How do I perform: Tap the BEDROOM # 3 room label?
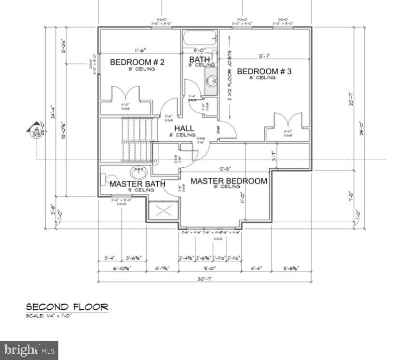[x=263, y=71]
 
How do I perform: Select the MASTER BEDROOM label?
[x=228, y=181]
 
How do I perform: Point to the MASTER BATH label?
[x=137, y=184]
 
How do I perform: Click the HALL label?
[x=184, y=129]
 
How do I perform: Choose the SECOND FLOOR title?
[x=67, y=307]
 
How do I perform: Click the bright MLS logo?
[x=29, y=350]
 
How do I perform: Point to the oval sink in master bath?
[x=139, y=170]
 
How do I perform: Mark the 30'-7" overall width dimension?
[x=205, y=279]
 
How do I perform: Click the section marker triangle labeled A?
[x=36, y=130]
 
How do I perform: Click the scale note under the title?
[x=48, y=316]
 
